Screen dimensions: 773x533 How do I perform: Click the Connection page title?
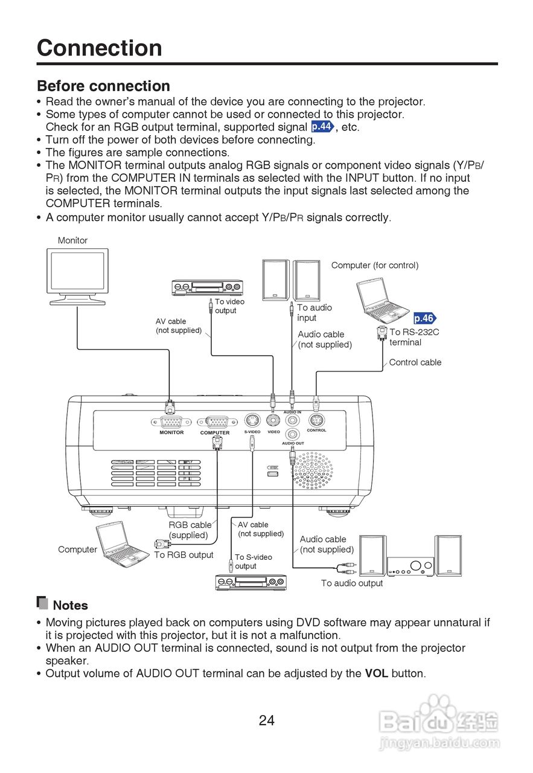pyautogui.click(x=100, y=48)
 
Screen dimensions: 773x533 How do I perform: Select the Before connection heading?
pyautogui.click(x=103, y=86)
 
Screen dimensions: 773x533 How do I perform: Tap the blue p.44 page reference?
pyautogui.click(x=322, y=127)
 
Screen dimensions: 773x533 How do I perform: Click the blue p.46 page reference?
pyautogui.click(x=424, y=318)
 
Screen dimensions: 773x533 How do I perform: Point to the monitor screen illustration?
pyautogui.click(x=77, y=272)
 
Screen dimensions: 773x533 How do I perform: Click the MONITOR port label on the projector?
pyautogui.click(x=171, y=432)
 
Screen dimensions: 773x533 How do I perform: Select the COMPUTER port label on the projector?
pyautogui.click(x=215, y=432)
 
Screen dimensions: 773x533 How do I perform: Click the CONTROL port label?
pyautogui.click(x=316, y=431)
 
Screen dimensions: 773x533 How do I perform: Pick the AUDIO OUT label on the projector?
pyautogui.click(x=293, y=443)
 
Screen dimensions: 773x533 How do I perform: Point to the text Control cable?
pyautogui.click(x=415, y=362)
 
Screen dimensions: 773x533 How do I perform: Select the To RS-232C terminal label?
pyautogui.click(x=414, y=337)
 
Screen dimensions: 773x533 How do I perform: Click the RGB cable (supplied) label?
pyautogui.click(x=190, y=530)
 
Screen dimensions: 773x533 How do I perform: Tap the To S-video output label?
pyautogui.click(x=253, y=562)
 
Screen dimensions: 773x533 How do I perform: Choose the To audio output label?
pyautogui.click(x=352, y=583)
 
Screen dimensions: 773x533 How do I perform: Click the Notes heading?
pyautogui.click(x=70, y=605)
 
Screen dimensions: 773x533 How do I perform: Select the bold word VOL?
pyautogui.click(x=377, y=673)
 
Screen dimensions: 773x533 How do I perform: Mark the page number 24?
pyautogui.click(x=267, y=720)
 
